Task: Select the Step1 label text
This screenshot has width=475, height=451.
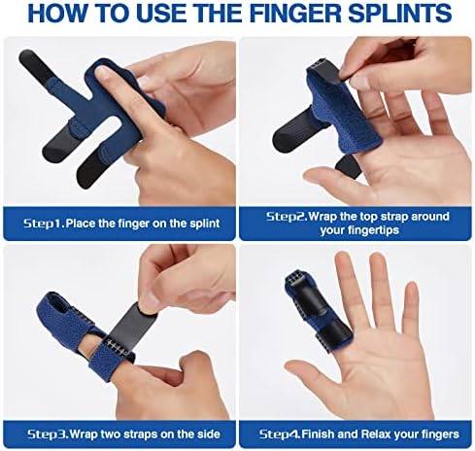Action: tap(44, 224)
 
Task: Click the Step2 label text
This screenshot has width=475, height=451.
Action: tap(287, 216)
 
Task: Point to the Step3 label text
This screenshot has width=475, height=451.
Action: tap(48, 434)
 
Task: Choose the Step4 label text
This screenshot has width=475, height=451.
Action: tap(280, 434)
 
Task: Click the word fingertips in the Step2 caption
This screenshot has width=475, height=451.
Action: tap(359, 230)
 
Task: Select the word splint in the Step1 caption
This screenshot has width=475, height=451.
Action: tap(205, 224)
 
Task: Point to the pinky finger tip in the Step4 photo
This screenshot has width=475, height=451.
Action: tap(412, 288)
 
